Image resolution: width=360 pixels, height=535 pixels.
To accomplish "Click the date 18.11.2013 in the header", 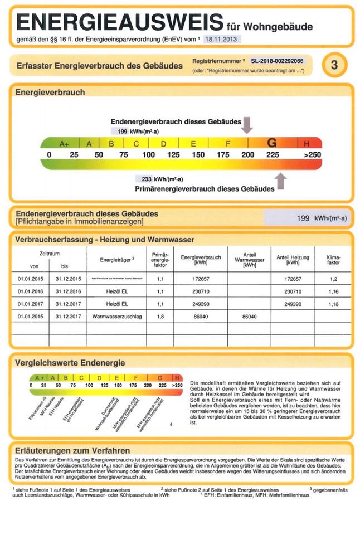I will pyautogui.click(x=222, y=40).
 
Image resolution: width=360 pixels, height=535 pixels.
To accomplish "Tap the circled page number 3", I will pyautogui.click(x=334, y=65).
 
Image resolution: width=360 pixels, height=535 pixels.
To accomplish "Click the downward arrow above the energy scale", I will pyautogui.click(x=247, y=124).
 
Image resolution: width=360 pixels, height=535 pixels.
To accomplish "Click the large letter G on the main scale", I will pyautogui.click(x=272, y=143).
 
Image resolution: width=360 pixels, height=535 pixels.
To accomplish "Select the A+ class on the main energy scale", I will pyautogui.click(x=64, y=144).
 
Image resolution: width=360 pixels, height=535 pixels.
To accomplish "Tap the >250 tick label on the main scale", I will pyautogui.click(x=313, y=154).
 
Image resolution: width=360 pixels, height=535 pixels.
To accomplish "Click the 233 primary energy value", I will pyautogui.click(x=147, y=179).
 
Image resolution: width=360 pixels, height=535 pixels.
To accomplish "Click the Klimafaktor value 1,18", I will pyautogui.click(x=333, y=304).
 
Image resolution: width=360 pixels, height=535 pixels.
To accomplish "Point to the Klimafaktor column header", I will pyautogui.click(x=333, y=260).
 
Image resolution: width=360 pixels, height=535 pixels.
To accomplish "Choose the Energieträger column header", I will pyautogui.click(x=117, y=260).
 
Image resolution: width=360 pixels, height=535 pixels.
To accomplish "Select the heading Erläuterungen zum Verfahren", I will pyautogui.click(x=73, y=450).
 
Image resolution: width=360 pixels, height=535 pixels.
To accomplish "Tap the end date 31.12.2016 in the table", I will pyautogui.click(x=69, y=291).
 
